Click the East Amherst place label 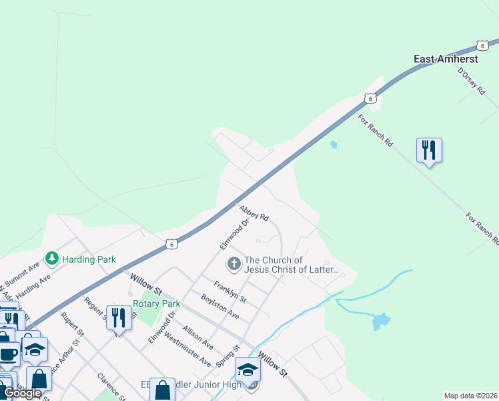click(441, 59)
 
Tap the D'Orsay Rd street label click(471, 82)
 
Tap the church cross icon click(233, 264)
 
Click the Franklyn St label click(230, 290)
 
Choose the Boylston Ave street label click(219, 305)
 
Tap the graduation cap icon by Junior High click(247, 368)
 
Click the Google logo click(22, 393)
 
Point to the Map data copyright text click(470, 396)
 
